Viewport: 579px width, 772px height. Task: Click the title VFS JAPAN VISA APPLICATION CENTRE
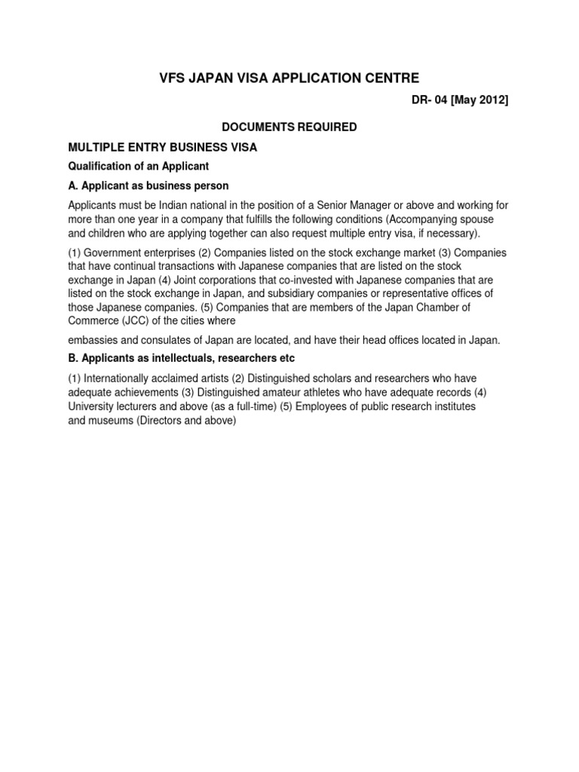[289, 78]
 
